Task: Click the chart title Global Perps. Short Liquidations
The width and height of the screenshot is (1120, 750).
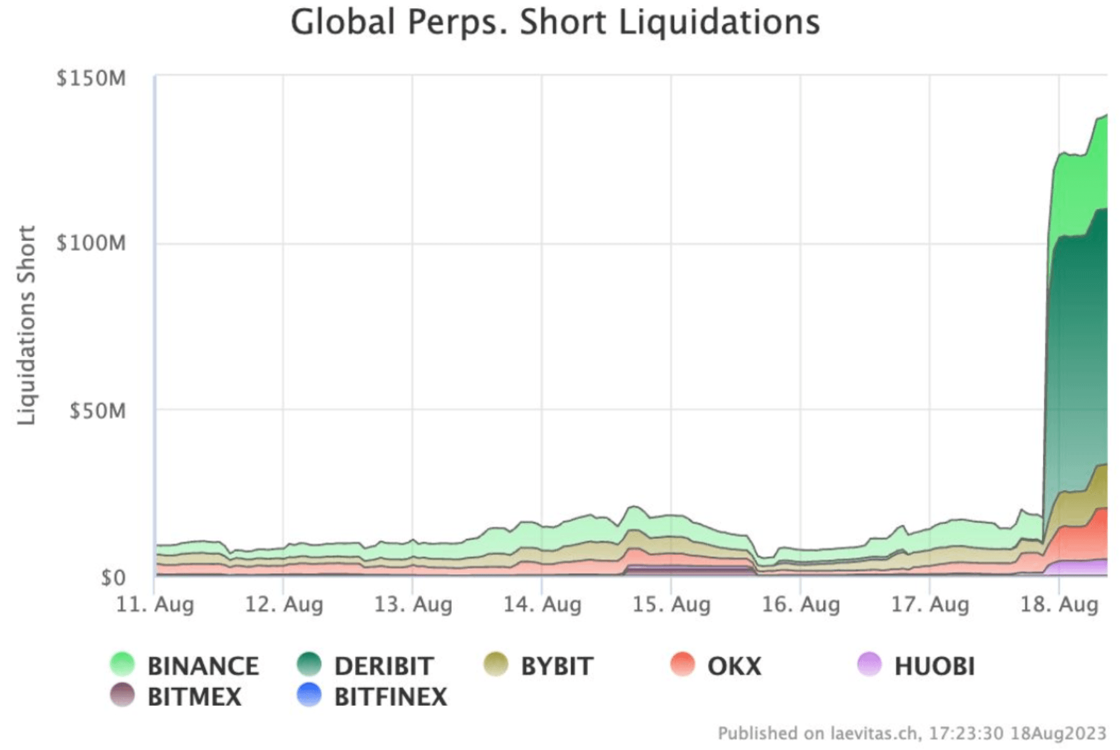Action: pyautogui.click(x=555, y=22)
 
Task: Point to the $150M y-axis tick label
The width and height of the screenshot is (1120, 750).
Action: pyautogui.click(x=91, y=79)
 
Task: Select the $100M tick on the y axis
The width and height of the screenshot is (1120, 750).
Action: pyautogui.click(x=91, y=243)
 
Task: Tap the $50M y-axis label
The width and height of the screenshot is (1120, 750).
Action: pyautogui.click(x=98, y=410)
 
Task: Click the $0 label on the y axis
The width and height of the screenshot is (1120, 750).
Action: pyautogui.click(x=113, y=578)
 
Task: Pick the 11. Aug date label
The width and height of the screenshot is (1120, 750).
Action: pyautogui.click(x=155, y=604)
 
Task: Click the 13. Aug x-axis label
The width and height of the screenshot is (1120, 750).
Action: pyautogui.click(x=413, y=604)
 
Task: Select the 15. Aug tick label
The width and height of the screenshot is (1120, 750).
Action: pyautogui.click(x=671, y=604)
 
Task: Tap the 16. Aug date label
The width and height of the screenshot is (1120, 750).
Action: pyautogui.click(x=801, y=604)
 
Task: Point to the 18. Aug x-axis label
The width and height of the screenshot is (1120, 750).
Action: pyautogui.click(x=1059, y=604)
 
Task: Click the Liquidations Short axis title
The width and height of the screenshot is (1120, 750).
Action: pyautogui.click(x=26, y=325)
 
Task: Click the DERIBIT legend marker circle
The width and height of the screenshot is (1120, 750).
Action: pyautogui.click(x=309, y=664)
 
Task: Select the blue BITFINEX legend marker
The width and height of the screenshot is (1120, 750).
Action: pyautogui.click(x=309, y=695)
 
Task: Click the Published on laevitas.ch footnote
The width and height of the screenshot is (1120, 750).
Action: pyautogui.click(x=911, y=733)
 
